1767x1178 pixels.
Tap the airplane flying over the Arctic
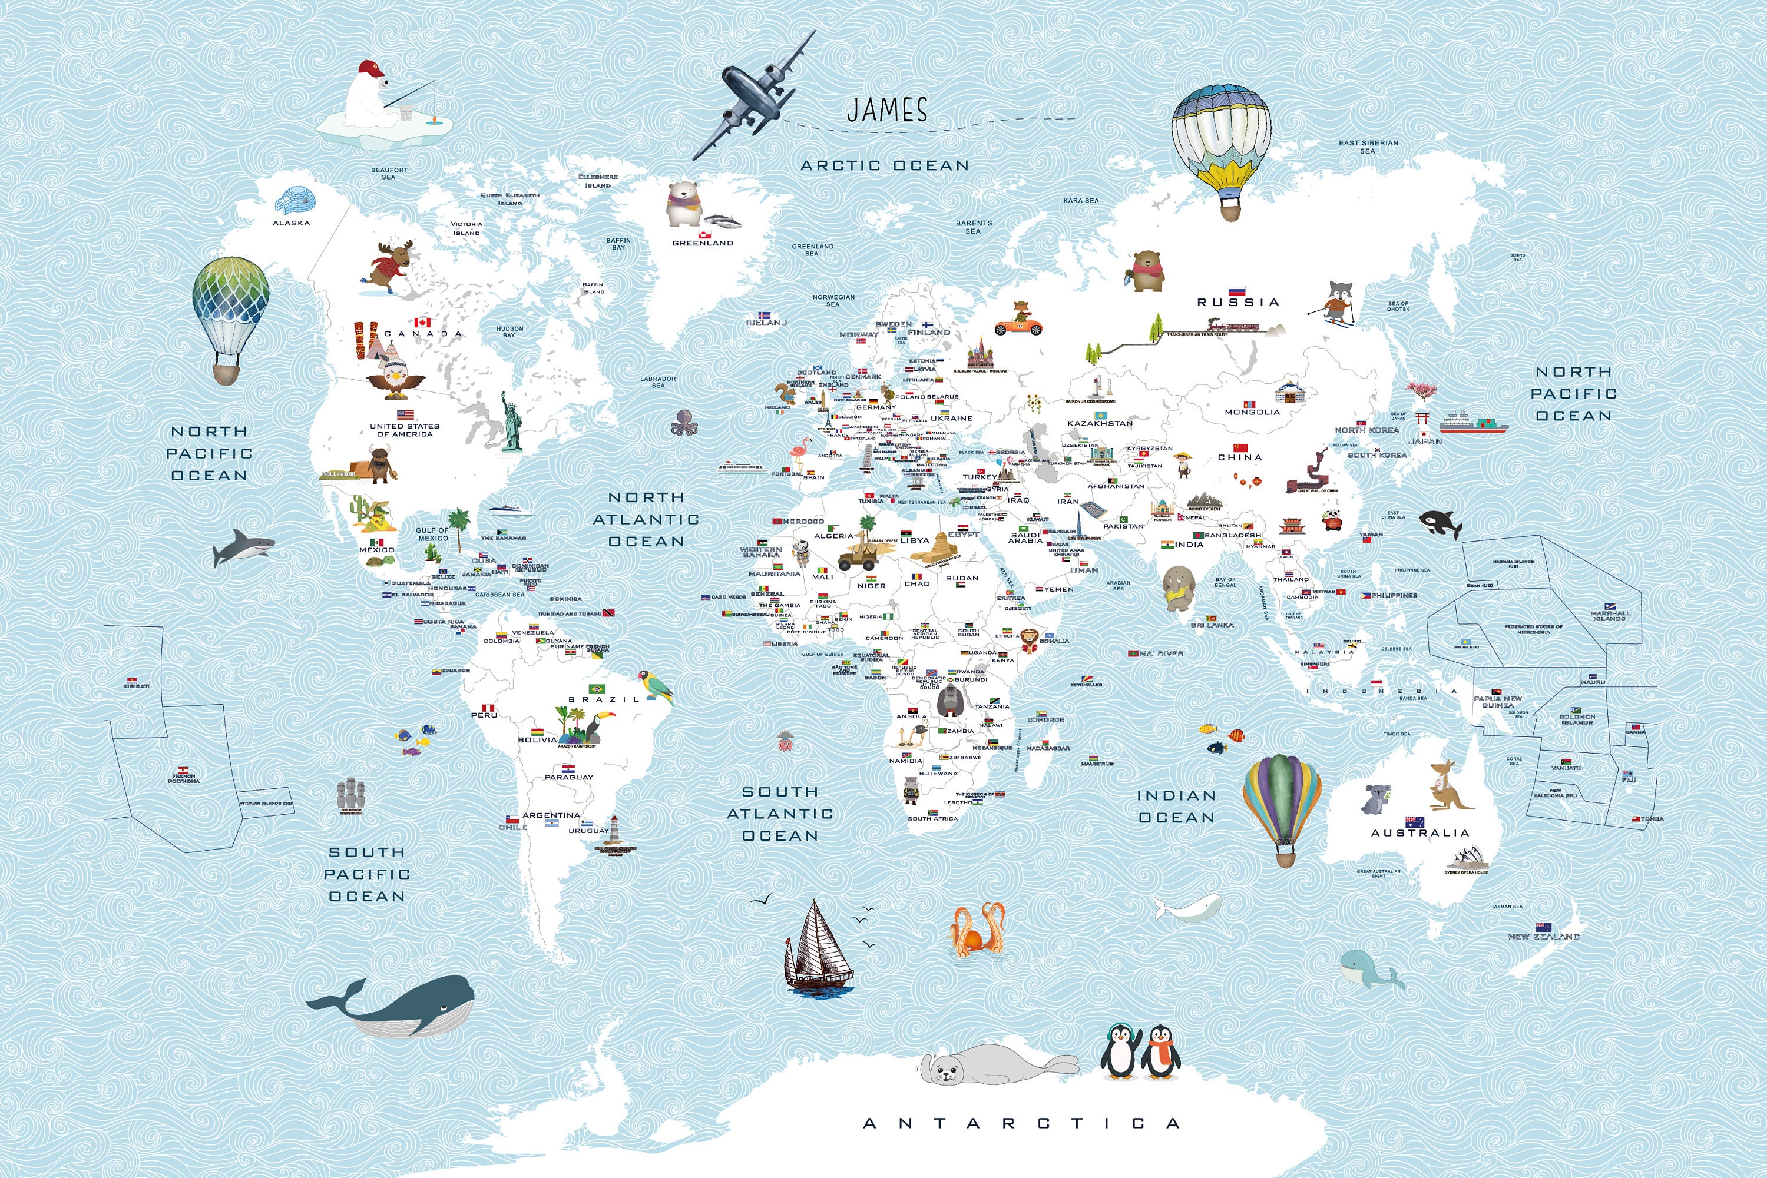752,96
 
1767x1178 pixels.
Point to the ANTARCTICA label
1021,1123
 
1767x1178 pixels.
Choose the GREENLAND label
702,243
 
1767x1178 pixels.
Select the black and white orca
1440,522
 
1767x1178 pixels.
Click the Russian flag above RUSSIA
1236,290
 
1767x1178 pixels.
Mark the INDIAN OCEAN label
1176,806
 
